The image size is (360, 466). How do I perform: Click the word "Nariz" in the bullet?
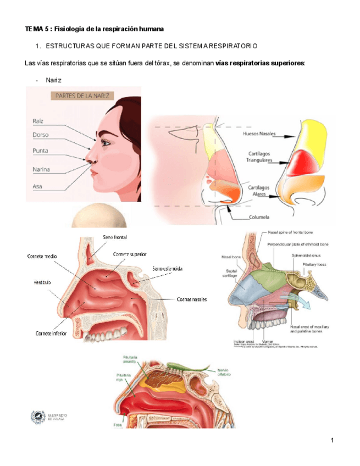pos(53,80)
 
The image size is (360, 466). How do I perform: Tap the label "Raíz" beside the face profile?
pos(38,120)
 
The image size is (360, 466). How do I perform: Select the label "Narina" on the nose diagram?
pos(41,169)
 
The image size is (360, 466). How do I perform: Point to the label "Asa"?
pos(37,186)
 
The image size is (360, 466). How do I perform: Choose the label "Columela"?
pos(258,217)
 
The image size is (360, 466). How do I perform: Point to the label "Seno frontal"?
pos(115,237)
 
